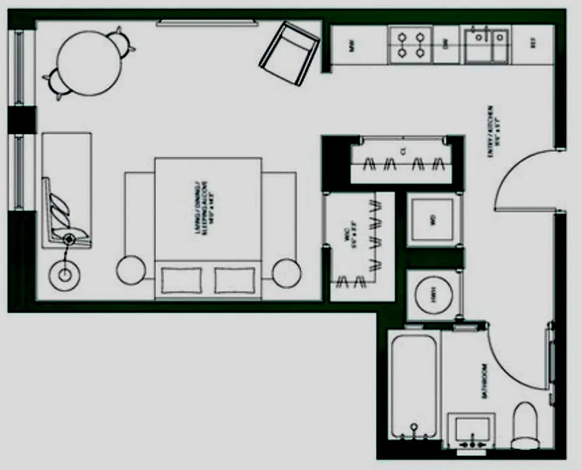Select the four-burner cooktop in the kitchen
(410, 45)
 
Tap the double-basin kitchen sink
(487, 45)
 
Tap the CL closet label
(403, 152)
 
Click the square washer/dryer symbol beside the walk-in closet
(433, 220)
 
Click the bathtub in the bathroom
(414, 385)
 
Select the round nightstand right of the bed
(286, 271)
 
